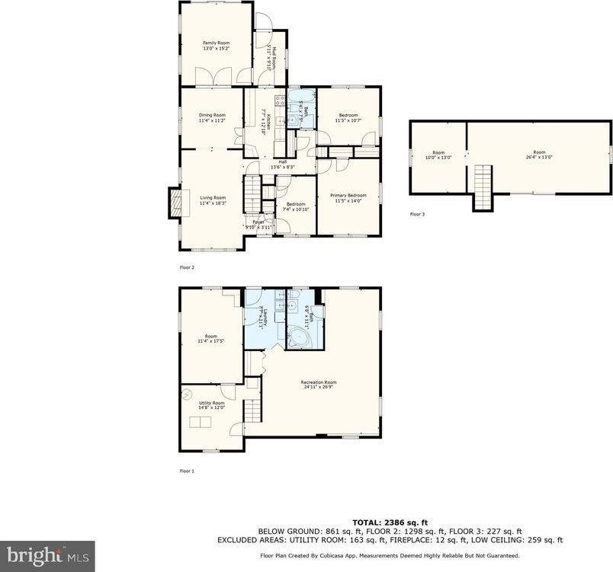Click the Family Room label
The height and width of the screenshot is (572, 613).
coord(216,46)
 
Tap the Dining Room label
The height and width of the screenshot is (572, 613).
coord(213,117)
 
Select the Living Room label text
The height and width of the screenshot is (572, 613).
coord(213,200)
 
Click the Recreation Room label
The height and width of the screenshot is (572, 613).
coord(319,384)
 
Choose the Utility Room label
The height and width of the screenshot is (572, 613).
coord(211,405)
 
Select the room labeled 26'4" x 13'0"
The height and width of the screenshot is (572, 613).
coord(539,155)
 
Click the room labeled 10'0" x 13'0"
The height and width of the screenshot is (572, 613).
coord(438,155)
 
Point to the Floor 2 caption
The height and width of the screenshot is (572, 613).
coord(187,268)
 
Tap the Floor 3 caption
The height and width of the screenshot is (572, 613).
coord(417,215)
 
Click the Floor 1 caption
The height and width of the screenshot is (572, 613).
coord(187,471)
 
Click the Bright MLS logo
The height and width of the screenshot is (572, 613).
coord(47,555)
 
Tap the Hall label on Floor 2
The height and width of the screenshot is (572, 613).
coord(281,163)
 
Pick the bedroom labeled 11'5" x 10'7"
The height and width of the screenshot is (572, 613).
coord(348,117)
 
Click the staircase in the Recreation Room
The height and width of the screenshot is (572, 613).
coord(252,410)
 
